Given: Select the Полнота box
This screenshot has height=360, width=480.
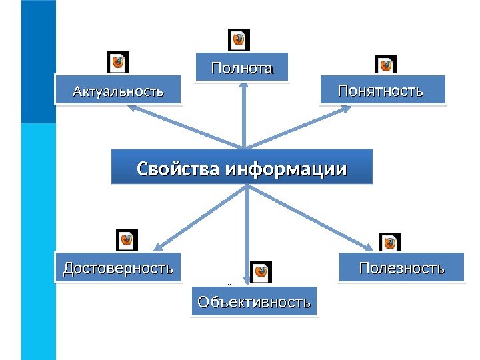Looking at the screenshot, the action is point(242,68).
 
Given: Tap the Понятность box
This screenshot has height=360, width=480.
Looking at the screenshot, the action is point(381,91).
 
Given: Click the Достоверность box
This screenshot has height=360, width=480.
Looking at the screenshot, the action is point(117,268).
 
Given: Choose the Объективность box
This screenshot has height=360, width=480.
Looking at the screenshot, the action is point(254,302).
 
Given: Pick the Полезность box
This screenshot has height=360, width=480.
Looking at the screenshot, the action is point(401,268).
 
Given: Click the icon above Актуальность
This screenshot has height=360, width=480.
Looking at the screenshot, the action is point(119,62).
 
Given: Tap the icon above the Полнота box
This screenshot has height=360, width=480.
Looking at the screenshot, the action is point(239,39).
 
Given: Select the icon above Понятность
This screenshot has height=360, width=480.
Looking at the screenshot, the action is point(386,65).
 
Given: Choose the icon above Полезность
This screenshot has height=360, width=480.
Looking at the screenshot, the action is point(389,243).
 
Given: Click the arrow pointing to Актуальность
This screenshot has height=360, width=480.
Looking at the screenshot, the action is point(187,127).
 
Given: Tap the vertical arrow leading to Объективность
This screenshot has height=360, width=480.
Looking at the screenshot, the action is point(248,227).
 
